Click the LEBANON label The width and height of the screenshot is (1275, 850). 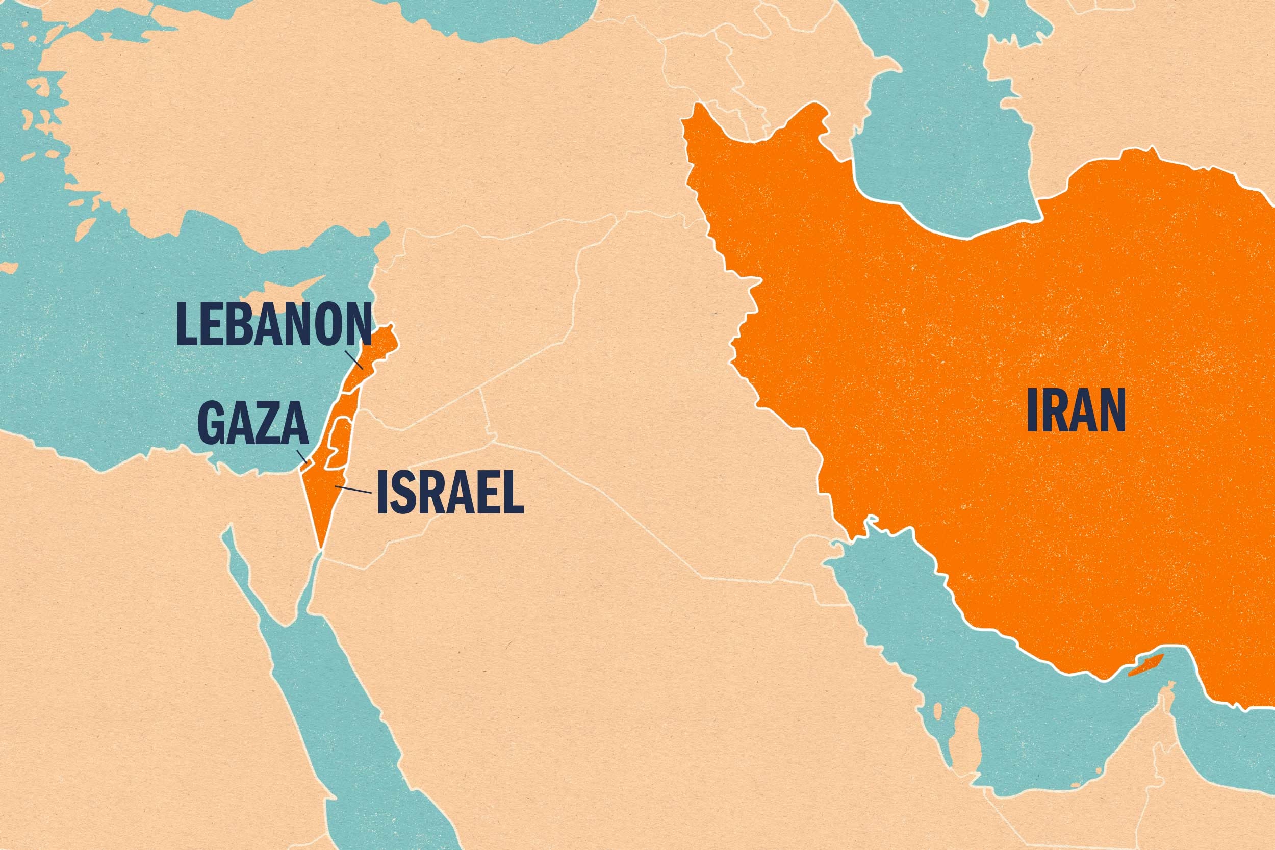click(x=274, y=325)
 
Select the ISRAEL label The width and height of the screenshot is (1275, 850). click(x=450, y=492)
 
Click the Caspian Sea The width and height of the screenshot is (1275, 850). click(x=943, y=163)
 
